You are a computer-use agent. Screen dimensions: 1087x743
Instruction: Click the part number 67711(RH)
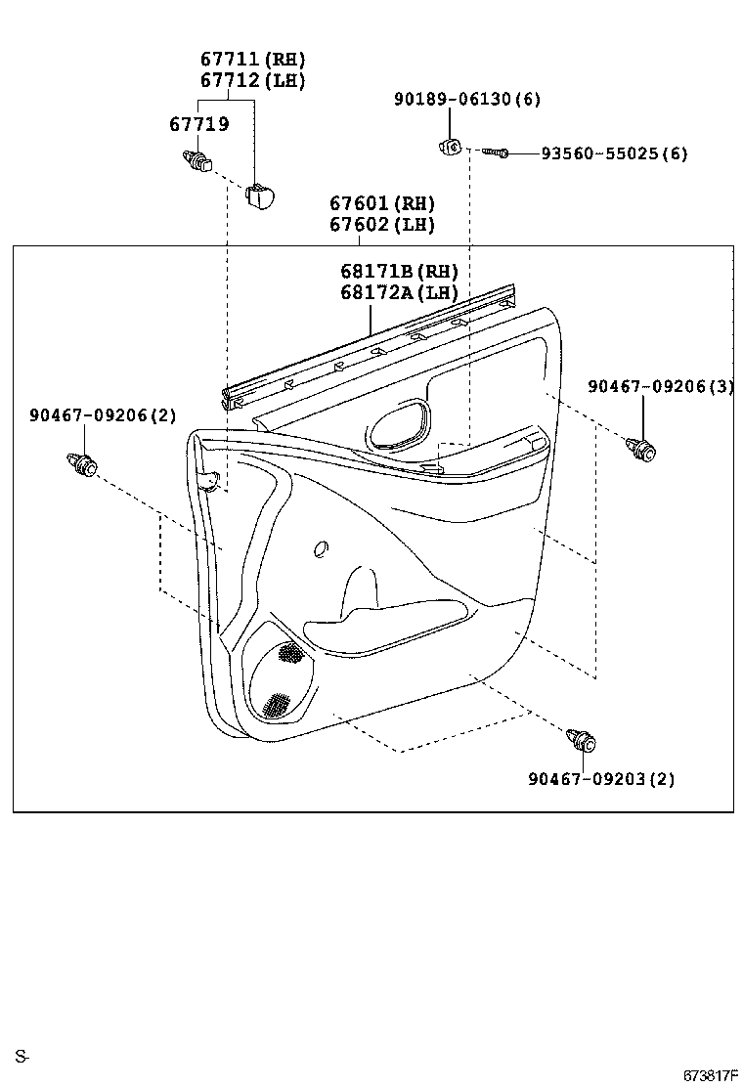[x=252, y=60]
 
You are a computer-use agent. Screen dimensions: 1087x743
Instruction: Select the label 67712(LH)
[x=252, y=81]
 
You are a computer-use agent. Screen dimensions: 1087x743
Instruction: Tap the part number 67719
[x=198, y=124]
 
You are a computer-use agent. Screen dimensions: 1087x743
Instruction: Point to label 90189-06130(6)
[x=467, y=99]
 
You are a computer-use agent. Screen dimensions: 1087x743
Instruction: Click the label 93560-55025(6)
[x=614, y=153]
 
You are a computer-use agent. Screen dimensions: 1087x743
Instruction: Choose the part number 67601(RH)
[x=381, y=203]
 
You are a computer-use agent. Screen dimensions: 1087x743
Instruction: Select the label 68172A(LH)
[x=399, y=292]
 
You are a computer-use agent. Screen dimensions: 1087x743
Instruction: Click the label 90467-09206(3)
[x=660, y=386]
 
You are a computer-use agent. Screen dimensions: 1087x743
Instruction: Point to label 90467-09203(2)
[x=600, y=779]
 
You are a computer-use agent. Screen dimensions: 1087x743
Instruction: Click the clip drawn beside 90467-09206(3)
[x=640, y=449]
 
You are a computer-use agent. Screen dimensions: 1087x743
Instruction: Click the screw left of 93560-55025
[x=495, y=152]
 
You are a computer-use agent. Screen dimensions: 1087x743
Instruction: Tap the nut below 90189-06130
[x=450, y=147]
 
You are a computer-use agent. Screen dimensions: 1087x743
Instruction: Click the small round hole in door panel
[x=321, y=550]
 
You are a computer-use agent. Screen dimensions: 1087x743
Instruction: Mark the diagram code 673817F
[x=710, y=1075]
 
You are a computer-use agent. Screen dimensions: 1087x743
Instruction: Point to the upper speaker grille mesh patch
[x=290, y=653]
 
